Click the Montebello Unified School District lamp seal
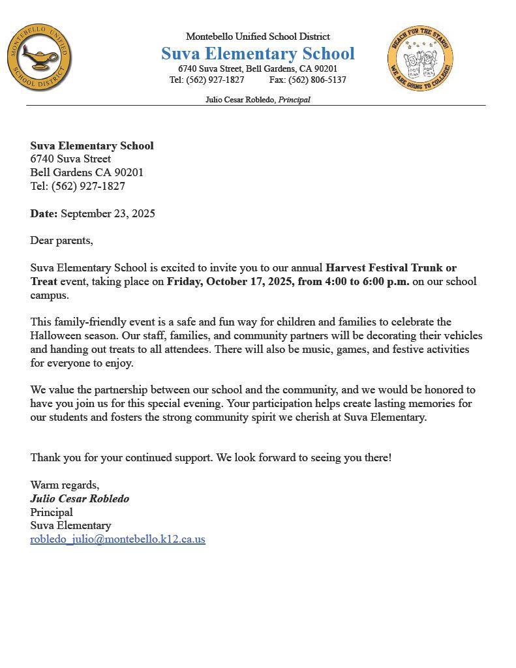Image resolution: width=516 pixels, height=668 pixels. [x=40, y=58]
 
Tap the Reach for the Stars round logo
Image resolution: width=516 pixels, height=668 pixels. [x=419, y=59]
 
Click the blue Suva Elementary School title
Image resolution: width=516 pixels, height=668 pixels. [x=258, y=53]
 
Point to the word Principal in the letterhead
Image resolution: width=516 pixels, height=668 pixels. [x=294, y=100]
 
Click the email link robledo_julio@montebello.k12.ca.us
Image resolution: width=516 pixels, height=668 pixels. [x=117, y=539]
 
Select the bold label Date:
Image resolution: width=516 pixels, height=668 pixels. [x=44, y=213]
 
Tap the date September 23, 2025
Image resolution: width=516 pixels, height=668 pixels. [x=108, y=213]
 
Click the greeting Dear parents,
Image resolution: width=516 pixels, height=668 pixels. [x=61, y=240]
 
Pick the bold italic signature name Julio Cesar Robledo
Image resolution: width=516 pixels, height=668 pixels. [x=80, y=498]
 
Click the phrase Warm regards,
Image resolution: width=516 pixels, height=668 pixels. [x=65, y=485]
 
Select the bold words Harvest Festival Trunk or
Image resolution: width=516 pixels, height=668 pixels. [x=391, y=267]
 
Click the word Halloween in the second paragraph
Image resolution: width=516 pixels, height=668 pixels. [x=55, y=335]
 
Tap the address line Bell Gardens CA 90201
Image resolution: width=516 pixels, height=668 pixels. [x=87, y=172]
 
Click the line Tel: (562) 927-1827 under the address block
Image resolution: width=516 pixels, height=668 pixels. [x=78, y=186]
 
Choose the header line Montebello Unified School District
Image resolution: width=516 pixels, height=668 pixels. [x=258, y=37]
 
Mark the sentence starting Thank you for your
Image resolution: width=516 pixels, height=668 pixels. [x=211, y=457]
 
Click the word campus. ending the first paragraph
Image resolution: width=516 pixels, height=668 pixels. [x=49, y=295]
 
